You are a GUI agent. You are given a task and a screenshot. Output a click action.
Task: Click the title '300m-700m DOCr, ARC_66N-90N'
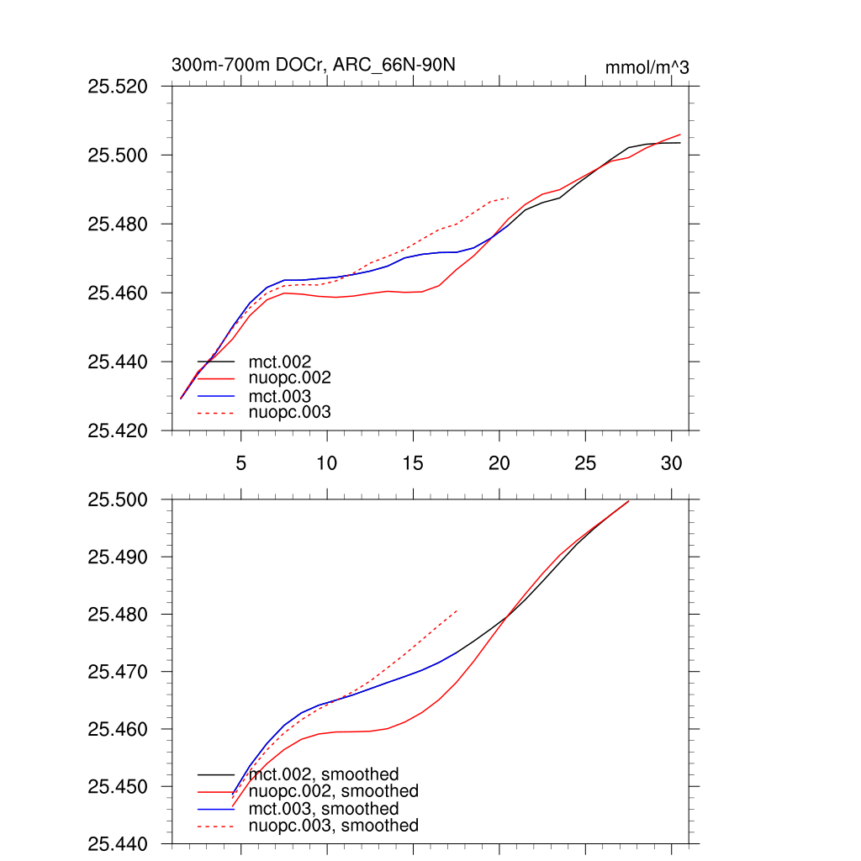coord(314,66)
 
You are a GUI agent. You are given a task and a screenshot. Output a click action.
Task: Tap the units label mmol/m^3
coord(647,67)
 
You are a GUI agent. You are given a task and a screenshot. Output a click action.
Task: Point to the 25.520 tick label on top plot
coord(119,87)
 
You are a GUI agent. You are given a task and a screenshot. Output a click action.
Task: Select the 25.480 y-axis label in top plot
coord(119,224)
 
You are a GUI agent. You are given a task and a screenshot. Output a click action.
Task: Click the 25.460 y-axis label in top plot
coord(119,293)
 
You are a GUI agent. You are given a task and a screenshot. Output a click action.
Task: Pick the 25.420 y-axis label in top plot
coord(119,431)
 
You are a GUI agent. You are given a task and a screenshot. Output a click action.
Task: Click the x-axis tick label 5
coord(241,463)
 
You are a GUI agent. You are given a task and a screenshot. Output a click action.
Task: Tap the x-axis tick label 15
coord(413,463)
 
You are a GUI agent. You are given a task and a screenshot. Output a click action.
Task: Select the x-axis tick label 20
coord(499,463)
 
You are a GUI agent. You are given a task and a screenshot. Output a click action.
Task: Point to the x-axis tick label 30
coord(671,463)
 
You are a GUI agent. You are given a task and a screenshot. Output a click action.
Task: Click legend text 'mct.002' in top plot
coord(274,362)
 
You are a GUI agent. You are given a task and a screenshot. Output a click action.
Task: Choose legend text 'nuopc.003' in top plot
coord(290,413)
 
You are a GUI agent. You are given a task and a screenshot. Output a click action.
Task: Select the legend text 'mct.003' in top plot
coord(274,396)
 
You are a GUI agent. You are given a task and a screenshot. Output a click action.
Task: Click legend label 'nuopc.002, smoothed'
coord(334,791)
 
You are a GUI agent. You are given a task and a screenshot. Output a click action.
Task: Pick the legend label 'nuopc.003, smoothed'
coord(334,826)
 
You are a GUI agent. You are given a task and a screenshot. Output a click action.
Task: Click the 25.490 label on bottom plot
coord(119,557)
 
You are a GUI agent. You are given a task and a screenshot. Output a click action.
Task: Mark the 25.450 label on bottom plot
coord(119,787)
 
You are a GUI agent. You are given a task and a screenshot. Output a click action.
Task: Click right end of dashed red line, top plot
coord(510,198)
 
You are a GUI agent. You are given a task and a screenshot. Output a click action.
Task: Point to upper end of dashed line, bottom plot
coord(457,610)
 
